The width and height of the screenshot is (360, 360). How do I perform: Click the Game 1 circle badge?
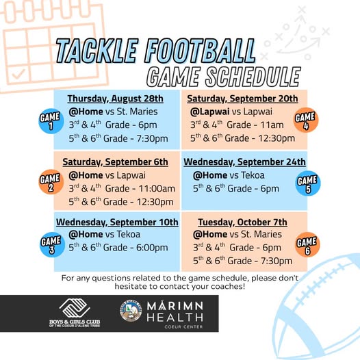pyautogui.click(x=51, y=121)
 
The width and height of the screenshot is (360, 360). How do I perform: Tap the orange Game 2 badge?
pyautogui.click(x=51, y=182)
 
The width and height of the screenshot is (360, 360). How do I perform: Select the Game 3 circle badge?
pyautogui.click(x=52, y=244)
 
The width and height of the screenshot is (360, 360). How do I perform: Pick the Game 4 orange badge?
pyautogui.click(x=306, y=120)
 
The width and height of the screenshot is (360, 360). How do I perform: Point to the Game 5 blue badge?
pyautogui.click(x=308, y=183)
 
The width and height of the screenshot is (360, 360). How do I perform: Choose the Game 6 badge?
pyautogui.click(x=307, y=244)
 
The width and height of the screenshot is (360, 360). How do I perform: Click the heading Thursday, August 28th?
pyautogui.click(x=116, y=99)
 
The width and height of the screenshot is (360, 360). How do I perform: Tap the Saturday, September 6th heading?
pyautogui.click(x=115, y=162)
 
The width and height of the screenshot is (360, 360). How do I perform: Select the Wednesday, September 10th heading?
pyautogui.click(x=117, y=222)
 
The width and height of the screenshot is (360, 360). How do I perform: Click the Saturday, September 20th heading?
pyautogui.click(x=242, y=99)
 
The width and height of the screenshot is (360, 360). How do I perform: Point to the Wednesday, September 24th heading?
pyautogui.click(x=244, y=162)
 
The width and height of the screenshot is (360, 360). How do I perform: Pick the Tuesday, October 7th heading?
pyautogui.click(x=243, y=222)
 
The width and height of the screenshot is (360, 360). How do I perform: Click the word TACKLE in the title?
pyautogui.click(x=97, y=51)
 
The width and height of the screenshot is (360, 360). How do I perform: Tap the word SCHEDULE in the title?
pyautogui.click(x=253, y=77)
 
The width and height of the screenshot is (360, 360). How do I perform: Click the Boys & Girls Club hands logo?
pyautogui.click(x=75, y=308)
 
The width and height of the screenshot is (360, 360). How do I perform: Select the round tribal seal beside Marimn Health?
pyautogui.click(x=131, y=311)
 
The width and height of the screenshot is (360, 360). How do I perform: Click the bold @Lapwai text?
pyautogui.click(x=209, y=112)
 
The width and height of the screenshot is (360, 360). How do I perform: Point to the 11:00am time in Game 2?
pyautogui.click(x=157, y=189)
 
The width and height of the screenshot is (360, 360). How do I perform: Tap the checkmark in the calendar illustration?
pyautogui.click(x=18, y=74)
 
